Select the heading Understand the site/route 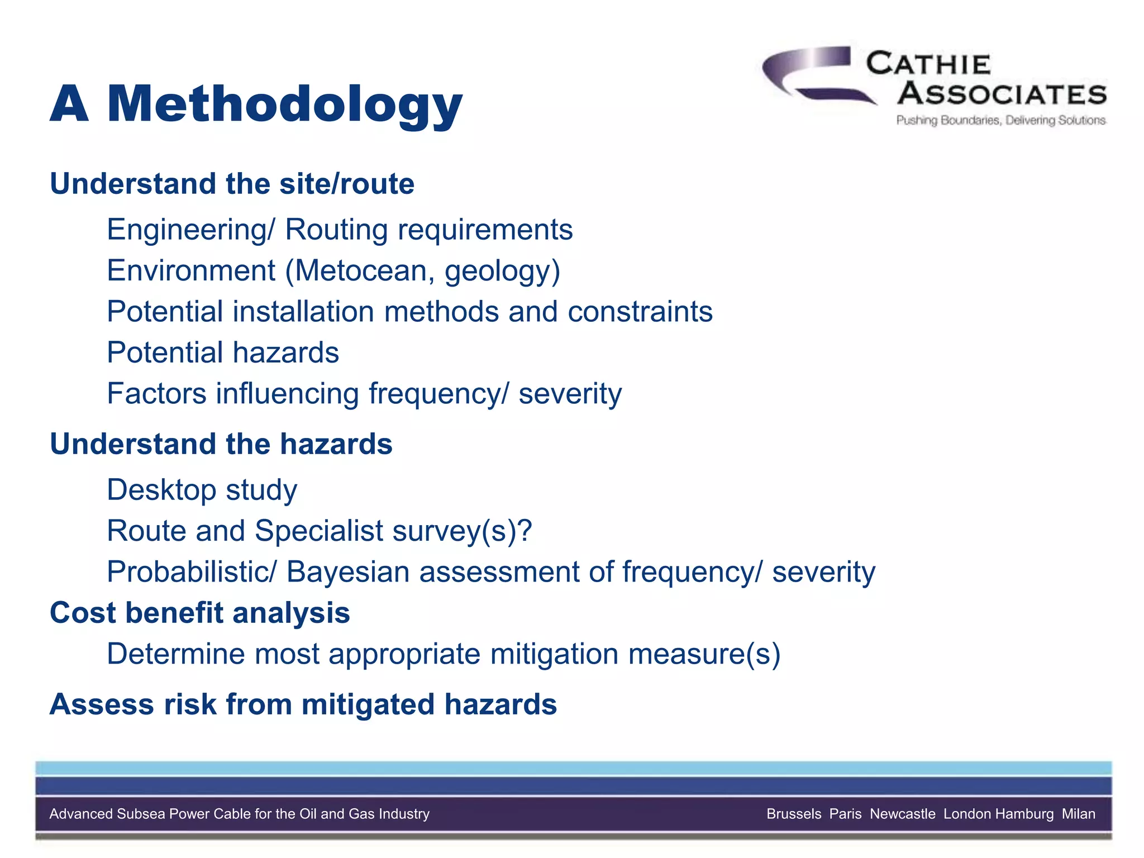coord(232,184)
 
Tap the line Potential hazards coord(223,353)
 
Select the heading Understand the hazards coord(221,444)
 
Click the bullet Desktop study coord(202,490)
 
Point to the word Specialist coord(318,531)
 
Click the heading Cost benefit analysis coord(199,613)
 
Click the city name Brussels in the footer coord(794,814)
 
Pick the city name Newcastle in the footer coord(902,814)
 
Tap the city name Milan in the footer coord(1078,814)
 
